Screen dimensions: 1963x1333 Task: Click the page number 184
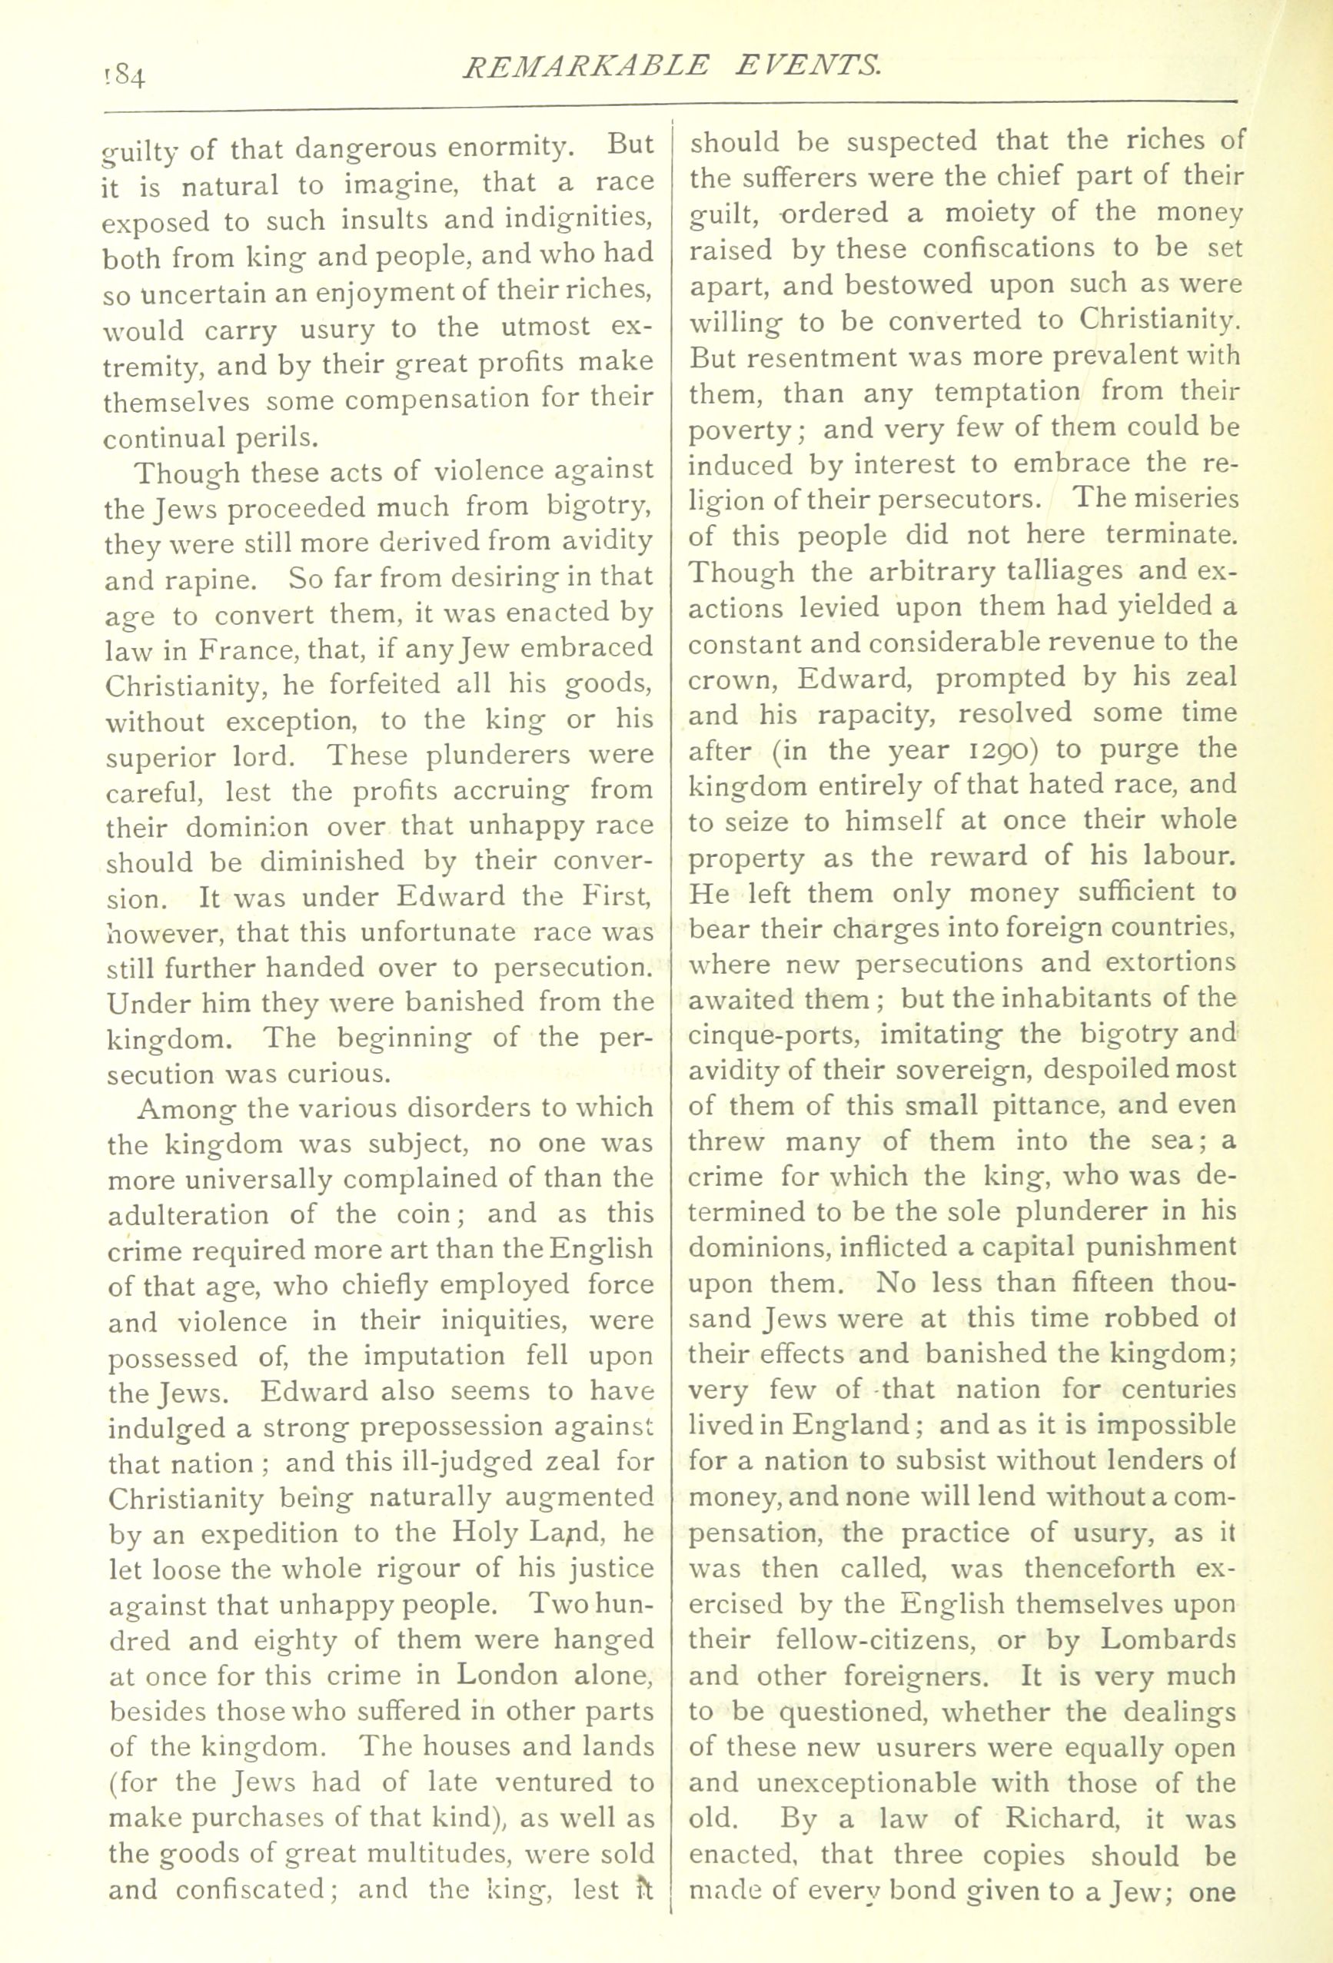pos(125,78)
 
